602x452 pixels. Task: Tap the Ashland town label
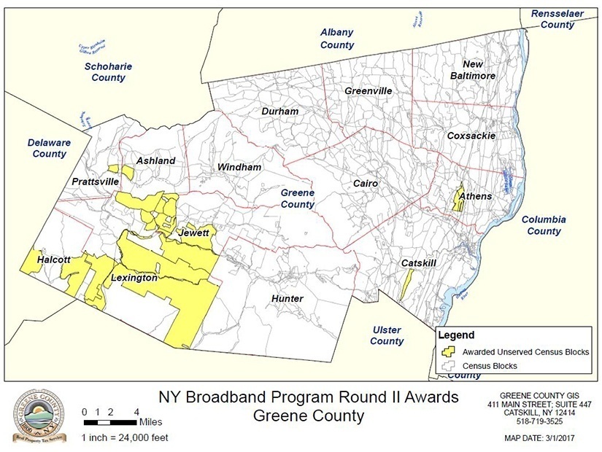[x=155, y=160]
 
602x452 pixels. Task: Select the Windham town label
[x=239, y=167]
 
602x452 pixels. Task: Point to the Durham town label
[x=280, y=112]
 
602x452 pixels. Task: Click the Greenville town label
[x=368, y=91]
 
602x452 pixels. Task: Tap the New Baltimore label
[x=473, y=70]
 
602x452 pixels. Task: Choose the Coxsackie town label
[x=471, y=136]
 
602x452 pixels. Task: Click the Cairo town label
[x=365, y=184]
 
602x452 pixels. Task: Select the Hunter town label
[x=287, y=299]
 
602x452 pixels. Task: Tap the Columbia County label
[x=544, y=225]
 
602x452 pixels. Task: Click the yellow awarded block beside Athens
[x=458, y=199]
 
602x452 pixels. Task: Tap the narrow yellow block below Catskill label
[x=406, y=284]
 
